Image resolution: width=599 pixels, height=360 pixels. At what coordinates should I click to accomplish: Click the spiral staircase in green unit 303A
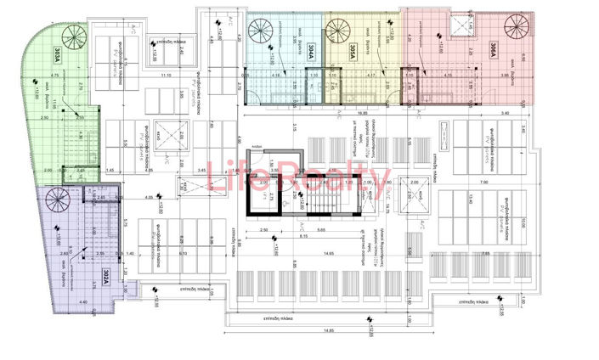[71, 38]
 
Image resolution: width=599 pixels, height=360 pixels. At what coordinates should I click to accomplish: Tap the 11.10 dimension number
[166, 76]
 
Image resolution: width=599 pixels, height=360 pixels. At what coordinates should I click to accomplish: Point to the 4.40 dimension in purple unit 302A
[82, 303]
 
